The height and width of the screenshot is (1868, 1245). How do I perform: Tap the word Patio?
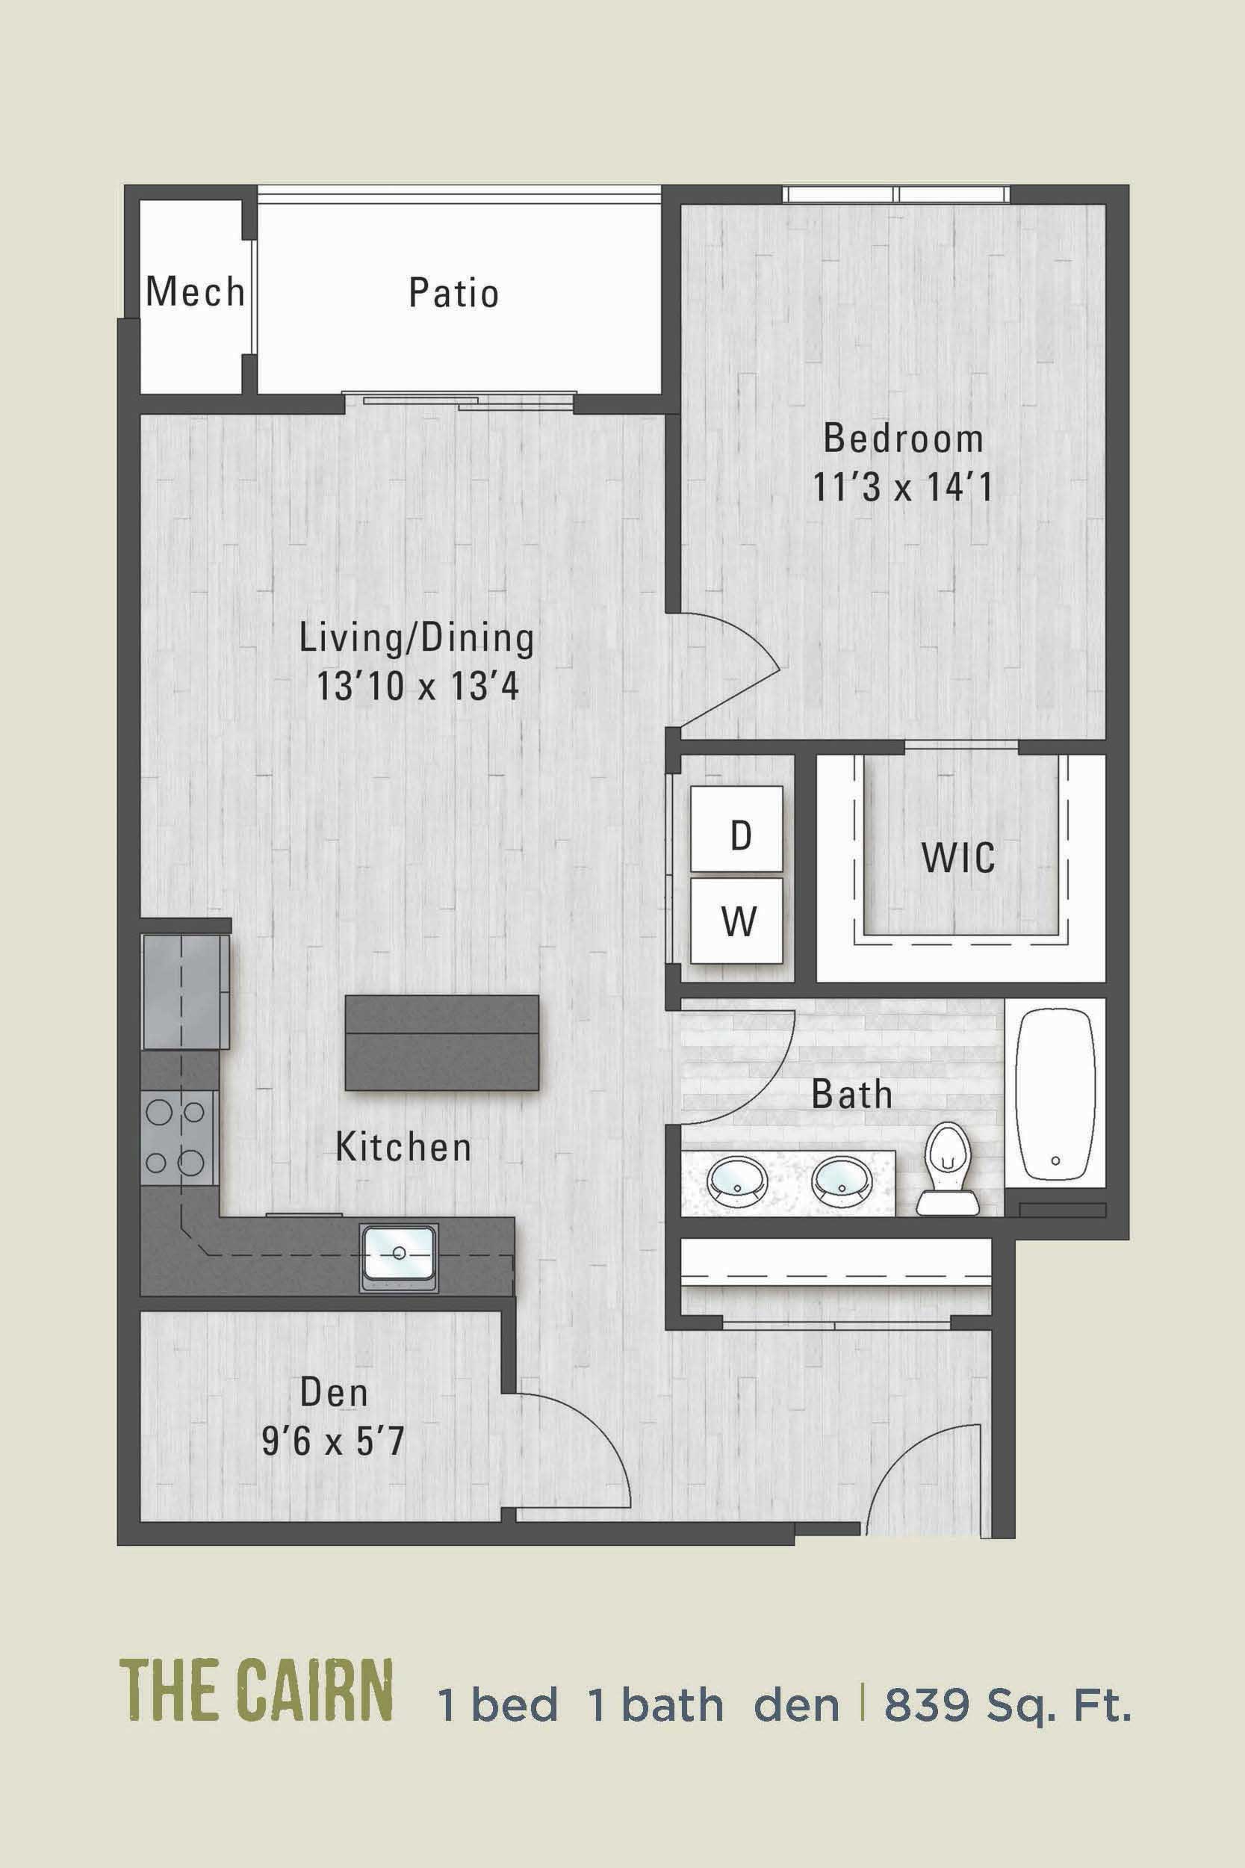(x=453, y=293)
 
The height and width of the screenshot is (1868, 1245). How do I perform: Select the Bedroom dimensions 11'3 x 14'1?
(x=902, y=487)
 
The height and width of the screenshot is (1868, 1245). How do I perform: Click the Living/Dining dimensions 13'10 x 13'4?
(x=417, y=686)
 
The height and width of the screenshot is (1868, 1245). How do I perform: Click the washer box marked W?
(x=737, y=921)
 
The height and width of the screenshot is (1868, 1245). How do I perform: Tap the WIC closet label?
(x=957, y=858)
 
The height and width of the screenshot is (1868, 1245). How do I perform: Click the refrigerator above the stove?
(x=185, y=992)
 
